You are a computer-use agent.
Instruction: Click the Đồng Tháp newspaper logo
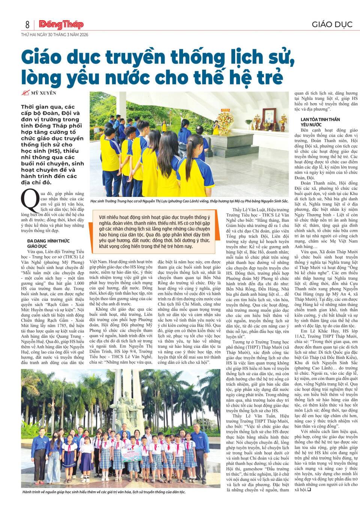click(x=61, y=25)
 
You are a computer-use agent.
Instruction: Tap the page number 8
click(x=27, y=25)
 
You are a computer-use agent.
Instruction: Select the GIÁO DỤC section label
click(x=332, y=25)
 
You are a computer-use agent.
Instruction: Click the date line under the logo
click(x=55, y=35)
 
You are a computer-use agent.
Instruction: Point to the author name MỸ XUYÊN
click(x=43, y=93)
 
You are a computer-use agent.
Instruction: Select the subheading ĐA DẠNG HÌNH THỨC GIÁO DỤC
click(x=48, y=243)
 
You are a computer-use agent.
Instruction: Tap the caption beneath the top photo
click(x=189, y=201)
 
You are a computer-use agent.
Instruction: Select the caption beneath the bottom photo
click(x=104, y=492)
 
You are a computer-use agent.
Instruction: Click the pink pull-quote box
click(x=154, y=231)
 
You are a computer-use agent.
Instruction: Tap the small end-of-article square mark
click(x=309, y=489)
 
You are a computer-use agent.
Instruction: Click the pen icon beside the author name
click(x=25, y=93)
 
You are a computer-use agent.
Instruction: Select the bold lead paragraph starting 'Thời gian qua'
click(x=52, y=144)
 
